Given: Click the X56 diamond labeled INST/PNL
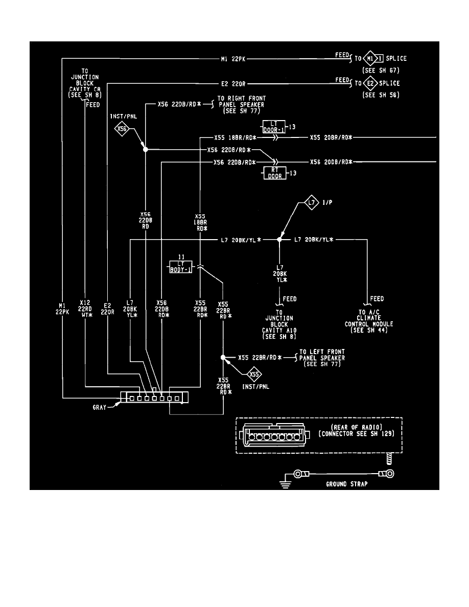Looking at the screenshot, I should click(122, 129).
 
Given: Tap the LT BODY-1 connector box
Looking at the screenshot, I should click(181, 266).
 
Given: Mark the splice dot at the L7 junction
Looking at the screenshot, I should click(279, 239).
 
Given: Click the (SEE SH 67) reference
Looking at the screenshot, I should click(381, 70).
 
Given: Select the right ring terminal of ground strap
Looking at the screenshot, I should click(389, 474).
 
